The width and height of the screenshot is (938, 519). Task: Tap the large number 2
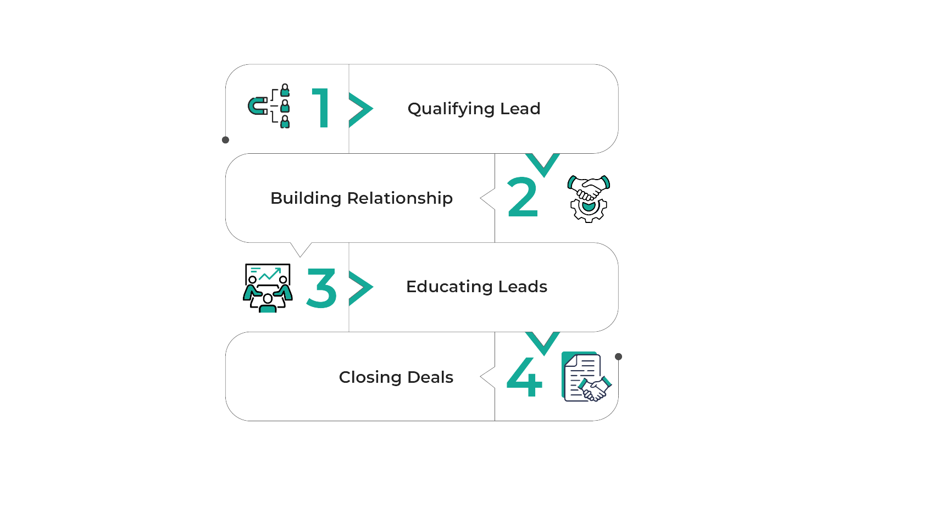[523, 198]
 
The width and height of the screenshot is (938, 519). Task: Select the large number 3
[321, 288]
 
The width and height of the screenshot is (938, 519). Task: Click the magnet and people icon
[269, 106]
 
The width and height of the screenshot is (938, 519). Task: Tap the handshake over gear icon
[589, 198]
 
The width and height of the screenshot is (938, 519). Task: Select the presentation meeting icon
[268, 288]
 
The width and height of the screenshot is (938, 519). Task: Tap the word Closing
[370, 377]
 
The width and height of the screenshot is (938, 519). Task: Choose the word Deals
[430, 377]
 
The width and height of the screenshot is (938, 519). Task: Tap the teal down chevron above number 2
[543, 164]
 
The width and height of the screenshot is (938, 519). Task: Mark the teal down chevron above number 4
[543, 342]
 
